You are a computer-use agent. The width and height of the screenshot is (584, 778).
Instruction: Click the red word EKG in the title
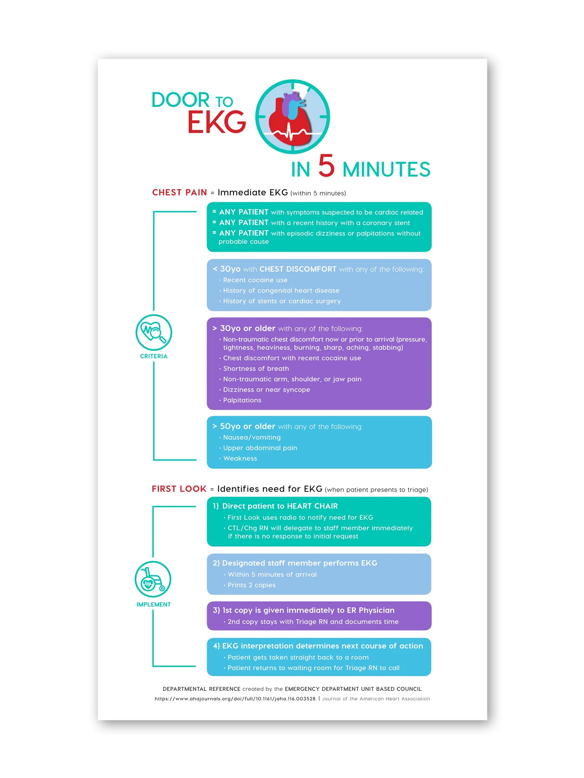point(216,122)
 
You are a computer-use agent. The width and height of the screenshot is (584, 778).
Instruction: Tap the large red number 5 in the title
point(326,166)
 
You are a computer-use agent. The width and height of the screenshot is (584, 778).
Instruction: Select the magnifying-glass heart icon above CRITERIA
point(154,332)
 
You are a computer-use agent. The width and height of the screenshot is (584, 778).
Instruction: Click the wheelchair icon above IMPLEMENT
point(153,579)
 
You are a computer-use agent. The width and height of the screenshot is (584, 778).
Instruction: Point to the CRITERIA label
point(154,356)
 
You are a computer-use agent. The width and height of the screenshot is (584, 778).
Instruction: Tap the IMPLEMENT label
point(153,605)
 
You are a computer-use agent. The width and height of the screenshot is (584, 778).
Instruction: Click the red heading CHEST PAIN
point(179,193)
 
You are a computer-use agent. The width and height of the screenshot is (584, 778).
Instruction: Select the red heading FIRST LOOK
point(179,489)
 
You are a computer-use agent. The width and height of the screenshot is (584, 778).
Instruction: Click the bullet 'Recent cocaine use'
point(255,280)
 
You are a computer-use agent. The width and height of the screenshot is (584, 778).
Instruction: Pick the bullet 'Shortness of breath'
point(256,369)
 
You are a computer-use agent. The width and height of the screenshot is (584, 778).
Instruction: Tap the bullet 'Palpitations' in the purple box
point(242,400)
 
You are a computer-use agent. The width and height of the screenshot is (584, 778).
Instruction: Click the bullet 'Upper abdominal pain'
point(260,448)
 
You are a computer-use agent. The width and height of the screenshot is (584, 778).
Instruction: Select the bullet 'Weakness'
point(240,459)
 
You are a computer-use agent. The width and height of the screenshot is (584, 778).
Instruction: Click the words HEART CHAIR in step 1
point(312,506)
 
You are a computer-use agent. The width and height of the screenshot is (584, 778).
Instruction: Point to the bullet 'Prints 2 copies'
point(252,585)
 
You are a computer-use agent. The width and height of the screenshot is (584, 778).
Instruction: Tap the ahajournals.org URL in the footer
point(235,699)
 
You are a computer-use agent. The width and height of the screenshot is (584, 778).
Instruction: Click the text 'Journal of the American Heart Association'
point(376,699)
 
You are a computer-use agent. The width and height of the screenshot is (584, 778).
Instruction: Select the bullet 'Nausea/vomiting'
point(252,438)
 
